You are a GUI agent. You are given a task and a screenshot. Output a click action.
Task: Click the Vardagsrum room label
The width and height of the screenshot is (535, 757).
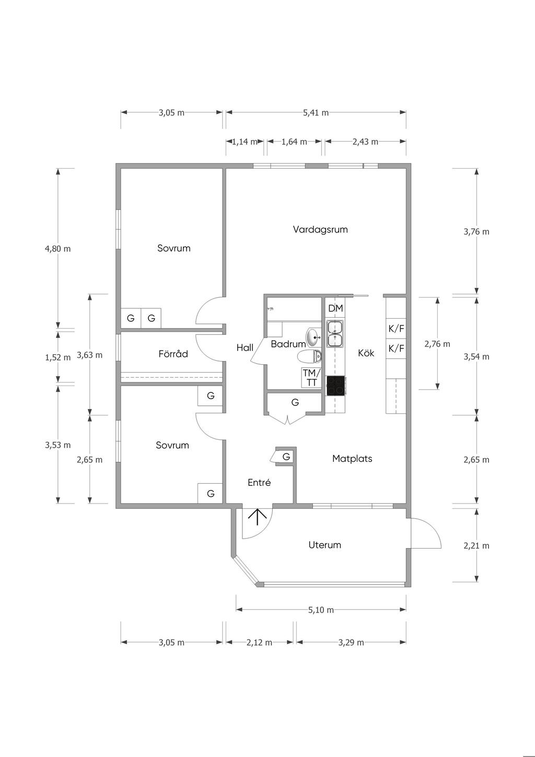tap(320, 230)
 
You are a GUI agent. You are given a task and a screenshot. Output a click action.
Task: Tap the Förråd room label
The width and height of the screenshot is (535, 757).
tap(173, 354)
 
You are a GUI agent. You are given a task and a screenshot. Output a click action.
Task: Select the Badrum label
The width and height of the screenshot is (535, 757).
tap(288, 344)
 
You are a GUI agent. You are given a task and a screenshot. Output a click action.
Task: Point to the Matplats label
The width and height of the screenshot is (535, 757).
tap(352, 459)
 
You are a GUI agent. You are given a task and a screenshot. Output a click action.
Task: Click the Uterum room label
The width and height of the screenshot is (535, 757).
tap(324, 545)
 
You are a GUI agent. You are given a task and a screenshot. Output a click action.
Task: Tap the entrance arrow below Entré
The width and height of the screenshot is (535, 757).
tap(258, 517)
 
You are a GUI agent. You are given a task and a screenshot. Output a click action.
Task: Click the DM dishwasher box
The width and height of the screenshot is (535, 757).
tap(335, 308)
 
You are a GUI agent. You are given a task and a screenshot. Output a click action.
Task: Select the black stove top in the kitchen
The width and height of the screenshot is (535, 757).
tap(335, 385)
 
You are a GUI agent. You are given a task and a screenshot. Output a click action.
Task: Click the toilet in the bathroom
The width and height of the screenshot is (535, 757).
tap(310, 356)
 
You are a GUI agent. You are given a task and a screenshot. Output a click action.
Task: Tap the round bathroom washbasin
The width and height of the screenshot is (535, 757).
tap(315, 337)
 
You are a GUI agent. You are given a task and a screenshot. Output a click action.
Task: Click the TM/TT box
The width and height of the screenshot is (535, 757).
tap(311, 378)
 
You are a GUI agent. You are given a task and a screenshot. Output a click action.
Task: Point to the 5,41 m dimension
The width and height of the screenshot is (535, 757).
tap(316, 112)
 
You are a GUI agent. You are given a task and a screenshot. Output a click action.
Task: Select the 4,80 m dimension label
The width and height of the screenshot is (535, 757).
tap(58, 249)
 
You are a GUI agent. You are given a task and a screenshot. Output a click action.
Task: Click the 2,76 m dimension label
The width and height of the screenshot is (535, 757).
tap(437, 344)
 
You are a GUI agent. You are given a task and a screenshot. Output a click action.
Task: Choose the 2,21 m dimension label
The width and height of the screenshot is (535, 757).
tap(476, 546)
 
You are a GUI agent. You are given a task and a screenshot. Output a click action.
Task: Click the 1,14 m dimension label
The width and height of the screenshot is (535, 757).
tap(245, 142)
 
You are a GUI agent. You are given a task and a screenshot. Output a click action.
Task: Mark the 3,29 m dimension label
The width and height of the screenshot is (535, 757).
tap(351, 643)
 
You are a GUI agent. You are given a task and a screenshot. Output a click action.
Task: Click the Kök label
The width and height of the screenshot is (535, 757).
tap(366, 353)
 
